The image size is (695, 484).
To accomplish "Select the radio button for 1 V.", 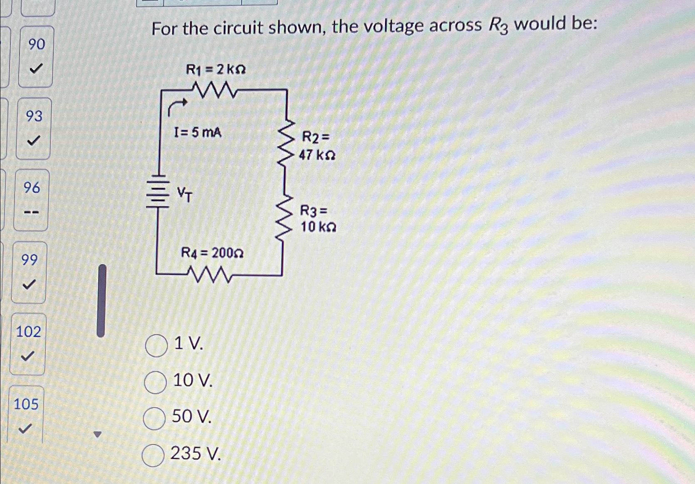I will (156, 346).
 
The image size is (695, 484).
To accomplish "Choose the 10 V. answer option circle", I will (155, 382).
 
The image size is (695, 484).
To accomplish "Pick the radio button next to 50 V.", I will (154, 418).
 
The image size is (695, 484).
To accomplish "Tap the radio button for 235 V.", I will (153, 455).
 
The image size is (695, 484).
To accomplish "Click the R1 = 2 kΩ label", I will (215, 69).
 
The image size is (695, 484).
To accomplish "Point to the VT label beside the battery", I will (185, 194).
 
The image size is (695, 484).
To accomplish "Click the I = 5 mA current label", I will (198, 133).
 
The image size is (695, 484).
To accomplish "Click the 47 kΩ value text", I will (317, 155).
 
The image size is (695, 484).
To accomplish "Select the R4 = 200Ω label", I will (212, 252).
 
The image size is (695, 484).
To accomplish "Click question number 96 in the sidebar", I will (32, 188).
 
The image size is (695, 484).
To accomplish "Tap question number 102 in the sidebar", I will (28, 332).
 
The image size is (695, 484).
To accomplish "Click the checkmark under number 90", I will (36, 68).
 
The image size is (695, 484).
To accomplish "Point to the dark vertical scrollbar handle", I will (101, 300).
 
